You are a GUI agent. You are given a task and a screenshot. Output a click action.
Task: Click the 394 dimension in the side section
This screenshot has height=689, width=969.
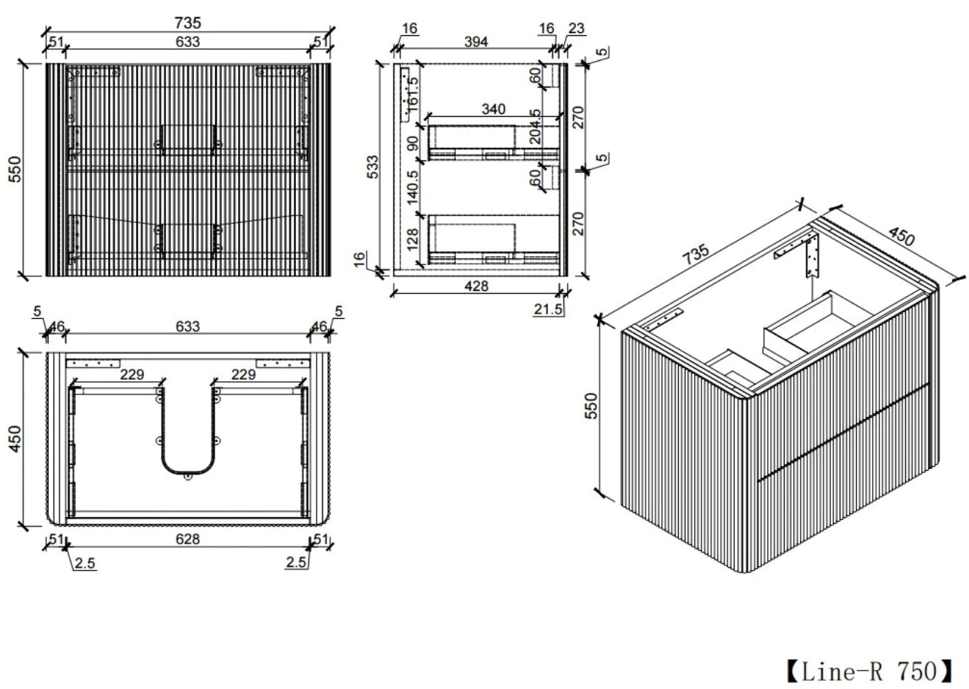pos(476,42)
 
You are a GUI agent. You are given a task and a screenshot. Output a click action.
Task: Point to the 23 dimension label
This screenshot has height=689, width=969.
pos(576,28)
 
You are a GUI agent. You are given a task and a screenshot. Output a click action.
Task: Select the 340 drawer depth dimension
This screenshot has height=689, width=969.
pos(493,109)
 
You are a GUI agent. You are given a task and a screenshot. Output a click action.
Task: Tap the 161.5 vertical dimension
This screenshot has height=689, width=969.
pos(413,94)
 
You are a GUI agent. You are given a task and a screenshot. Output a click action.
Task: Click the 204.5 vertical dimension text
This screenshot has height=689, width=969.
pos(535,126)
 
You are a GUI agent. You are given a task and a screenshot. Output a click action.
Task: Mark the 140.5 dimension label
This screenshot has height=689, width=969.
pos(413,187)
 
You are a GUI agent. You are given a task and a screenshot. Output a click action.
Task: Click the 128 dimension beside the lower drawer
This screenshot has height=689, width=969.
pos(413,239)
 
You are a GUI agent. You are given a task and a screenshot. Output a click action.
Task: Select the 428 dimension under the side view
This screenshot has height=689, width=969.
pos(476,286)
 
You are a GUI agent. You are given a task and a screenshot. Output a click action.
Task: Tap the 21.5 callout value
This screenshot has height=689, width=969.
pos(547,309)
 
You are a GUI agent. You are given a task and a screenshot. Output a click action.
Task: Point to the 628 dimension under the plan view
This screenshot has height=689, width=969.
pos(188,539)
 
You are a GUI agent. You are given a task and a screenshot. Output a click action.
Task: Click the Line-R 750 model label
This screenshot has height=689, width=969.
pos(870,671)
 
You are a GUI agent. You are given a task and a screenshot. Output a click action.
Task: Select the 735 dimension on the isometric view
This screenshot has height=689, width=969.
pos(696,254)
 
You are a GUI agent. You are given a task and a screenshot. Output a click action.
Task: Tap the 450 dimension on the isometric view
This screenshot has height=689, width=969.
pos(901,236)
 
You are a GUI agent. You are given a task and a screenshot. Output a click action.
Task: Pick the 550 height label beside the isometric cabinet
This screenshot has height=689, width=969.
pos(591,405)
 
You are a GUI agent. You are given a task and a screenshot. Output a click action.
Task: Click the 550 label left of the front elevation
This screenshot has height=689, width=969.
pos(14,169)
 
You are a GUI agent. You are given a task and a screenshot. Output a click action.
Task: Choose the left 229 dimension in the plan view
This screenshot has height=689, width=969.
pos(132,374)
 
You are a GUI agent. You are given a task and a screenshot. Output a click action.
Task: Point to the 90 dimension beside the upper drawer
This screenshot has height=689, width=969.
pos(413,143)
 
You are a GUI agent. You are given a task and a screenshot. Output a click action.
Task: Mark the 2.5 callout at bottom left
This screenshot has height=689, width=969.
pos(84,563)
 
